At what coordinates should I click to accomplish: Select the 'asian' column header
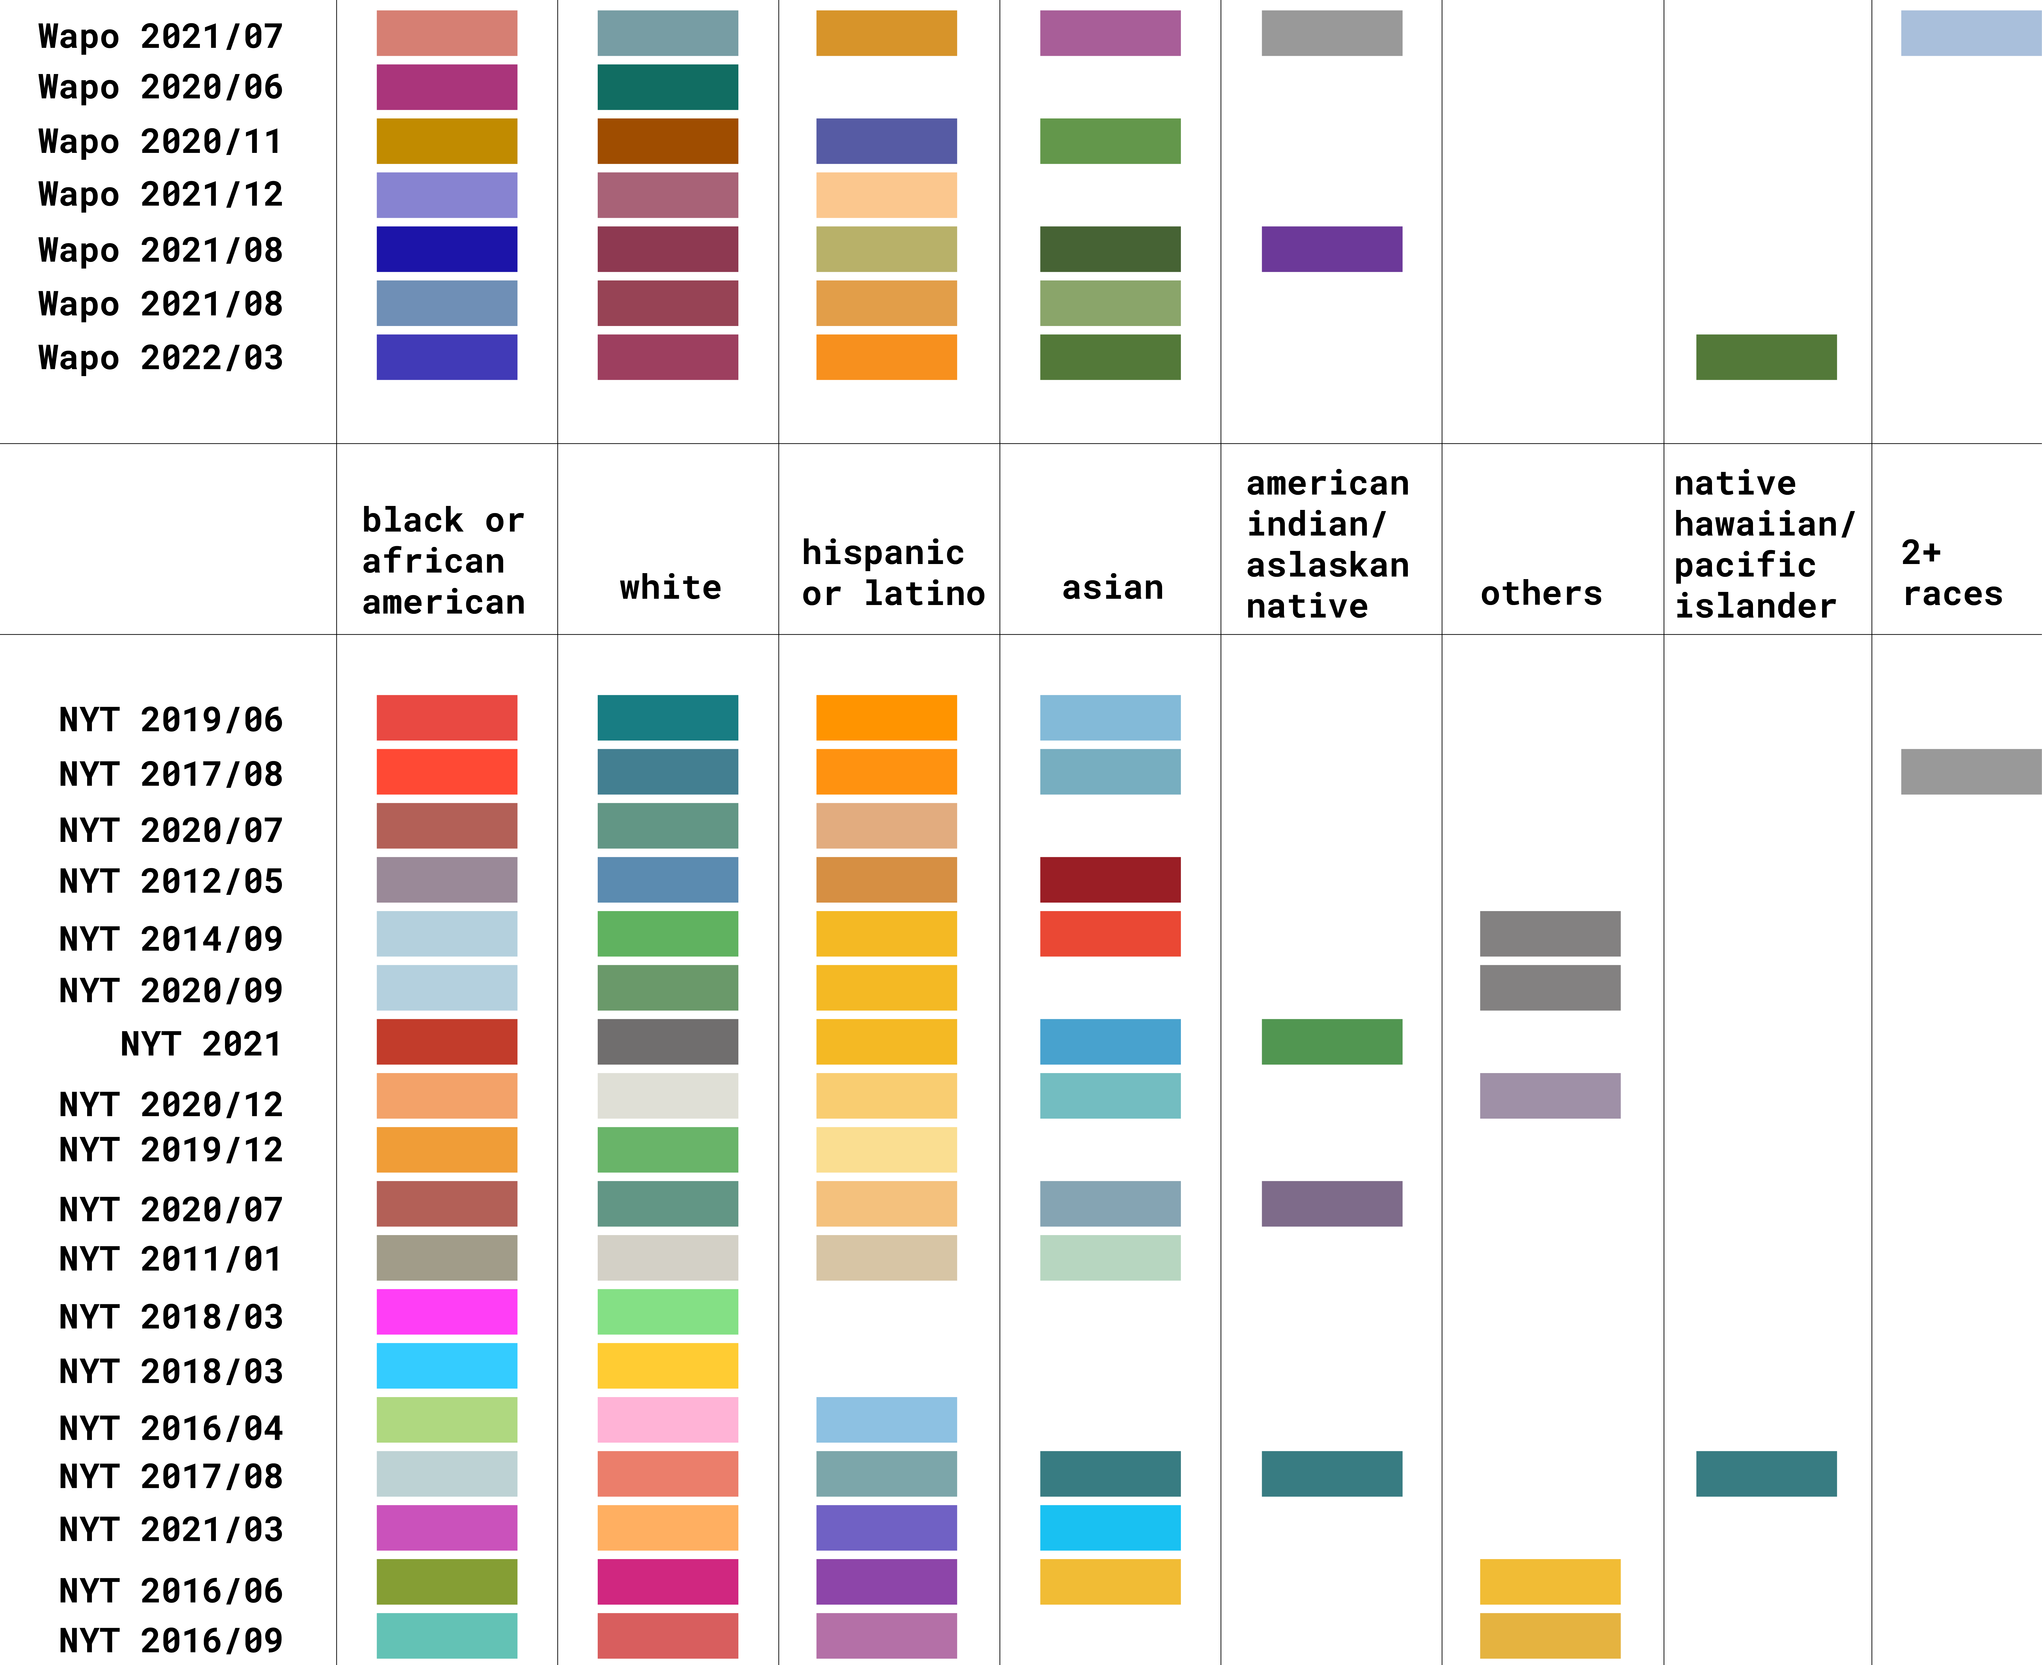tap(1113, 587)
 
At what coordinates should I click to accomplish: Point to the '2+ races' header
tap(1952, 573)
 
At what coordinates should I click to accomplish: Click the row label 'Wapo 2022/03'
tap(161, 358)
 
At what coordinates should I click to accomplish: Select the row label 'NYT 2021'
tap(201, 1043)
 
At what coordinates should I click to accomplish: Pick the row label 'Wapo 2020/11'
tap(161, 141)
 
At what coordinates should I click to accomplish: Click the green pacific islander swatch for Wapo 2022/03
tap(1766, 357)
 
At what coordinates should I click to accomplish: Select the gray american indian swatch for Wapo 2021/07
tap(1331, 34)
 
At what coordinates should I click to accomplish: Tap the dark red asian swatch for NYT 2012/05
tap(1110, 879)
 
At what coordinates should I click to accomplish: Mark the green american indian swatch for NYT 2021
tap(1331, 1041)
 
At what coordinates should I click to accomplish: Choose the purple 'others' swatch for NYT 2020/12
tap(1550, 1095)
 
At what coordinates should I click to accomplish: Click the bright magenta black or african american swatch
tap(447, 1311)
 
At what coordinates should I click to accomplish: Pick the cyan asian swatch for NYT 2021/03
tap(1110, 1528)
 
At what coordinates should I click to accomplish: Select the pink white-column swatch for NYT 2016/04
tap(667, 1420)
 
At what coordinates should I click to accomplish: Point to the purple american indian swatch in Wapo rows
tap(1331, 249)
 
